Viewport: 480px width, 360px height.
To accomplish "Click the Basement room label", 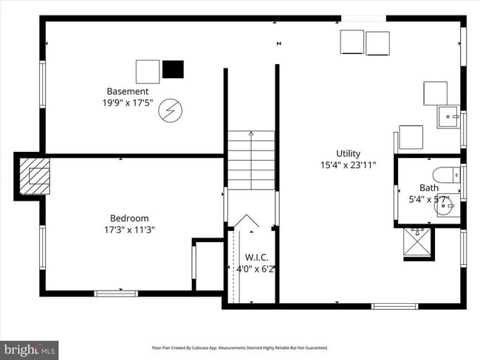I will coord(128,91).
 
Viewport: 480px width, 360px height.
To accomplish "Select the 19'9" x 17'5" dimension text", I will coord(128,103).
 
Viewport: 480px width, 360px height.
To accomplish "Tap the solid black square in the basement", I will coord(174,69).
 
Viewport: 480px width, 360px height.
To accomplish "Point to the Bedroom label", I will coord(129,218).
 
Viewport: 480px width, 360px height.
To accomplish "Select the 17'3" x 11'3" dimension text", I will coord(129,230).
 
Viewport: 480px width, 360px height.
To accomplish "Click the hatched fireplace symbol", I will coord(33,175).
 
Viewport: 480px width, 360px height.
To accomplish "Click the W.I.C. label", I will coord(256,257).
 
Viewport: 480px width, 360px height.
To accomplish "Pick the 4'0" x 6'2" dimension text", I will coord(256,269).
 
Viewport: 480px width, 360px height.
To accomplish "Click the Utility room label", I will coord(349,153).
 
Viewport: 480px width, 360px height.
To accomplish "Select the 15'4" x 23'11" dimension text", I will coord(349,165).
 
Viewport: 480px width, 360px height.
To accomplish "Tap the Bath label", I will coord(428,188).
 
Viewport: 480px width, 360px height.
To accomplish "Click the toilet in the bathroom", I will coord(445,176).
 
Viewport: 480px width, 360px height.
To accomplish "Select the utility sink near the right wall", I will coord(448,117).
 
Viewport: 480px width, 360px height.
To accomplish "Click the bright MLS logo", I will coord(30,348).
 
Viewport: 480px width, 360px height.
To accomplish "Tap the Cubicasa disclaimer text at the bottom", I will coord(239,347).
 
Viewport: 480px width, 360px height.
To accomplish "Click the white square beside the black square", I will coord(148,72).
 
